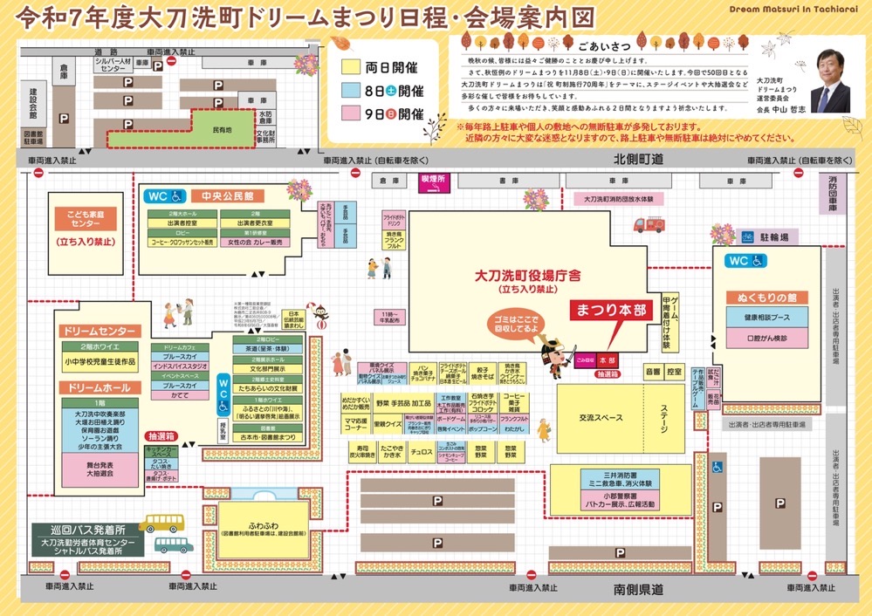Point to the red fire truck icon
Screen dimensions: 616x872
click(x=649, y=224)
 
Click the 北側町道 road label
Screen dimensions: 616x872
click(x=638, y=160)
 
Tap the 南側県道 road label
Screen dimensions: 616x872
click(x=638, y=591)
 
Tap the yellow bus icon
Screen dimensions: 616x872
click(x=161, y=523)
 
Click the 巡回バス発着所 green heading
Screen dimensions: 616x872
click(x=84, y=530)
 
